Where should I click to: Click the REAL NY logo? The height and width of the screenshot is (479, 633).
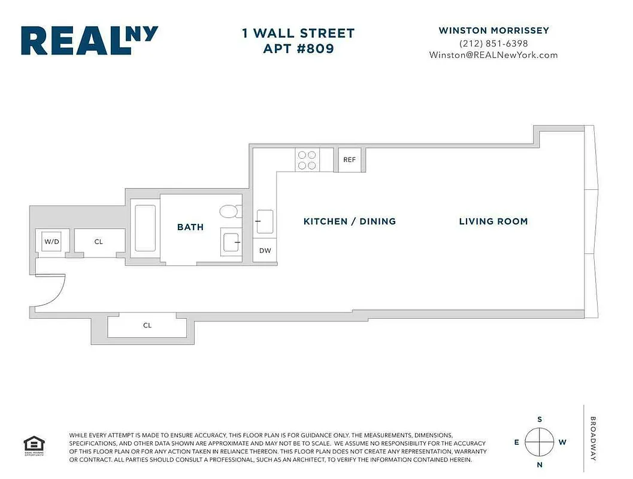(x=89, y=41)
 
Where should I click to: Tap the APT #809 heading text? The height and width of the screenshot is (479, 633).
(x=298, y=48)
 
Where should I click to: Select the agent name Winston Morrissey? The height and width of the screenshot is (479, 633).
(x=493, y=31)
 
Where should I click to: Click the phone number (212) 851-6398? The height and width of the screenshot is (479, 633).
(x=493, y=43)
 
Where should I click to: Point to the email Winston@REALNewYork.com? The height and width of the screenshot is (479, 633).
(x=493, y=55)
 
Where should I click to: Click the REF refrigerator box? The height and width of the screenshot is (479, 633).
(x=349, y=160)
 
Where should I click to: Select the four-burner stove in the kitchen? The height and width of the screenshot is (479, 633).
(x=308, y=160)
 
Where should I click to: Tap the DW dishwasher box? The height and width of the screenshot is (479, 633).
(x=265, y=250)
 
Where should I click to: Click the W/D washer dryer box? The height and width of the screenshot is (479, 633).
(x=52, y=242)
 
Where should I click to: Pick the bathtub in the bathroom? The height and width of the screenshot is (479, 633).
(x=145, y=228)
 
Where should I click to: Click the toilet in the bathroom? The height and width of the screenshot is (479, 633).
(x=228, y=211)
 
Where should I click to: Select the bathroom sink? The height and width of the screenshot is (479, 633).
(x=231, y=242)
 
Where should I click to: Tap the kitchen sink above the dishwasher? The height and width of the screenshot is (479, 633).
(x=265, y=221)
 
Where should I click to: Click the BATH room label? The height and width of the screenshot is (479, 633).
(x=190, y=228)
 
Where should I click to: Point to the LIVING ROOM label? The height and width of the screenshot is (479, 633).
(x=493, y=222)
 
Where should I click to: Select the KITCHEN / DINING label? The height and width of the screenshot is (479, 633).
(x=350, y=222)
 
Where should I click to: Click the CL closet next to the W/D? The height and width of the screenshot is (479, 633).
(x=99, y=242)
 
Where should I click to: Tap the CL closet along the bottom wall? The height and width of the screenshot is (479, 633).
(x=147, y=326)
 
